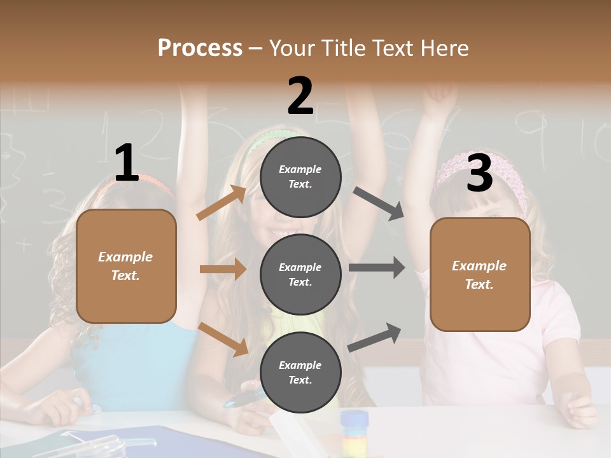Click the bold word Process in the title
[200, 48]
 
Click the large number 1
[126, 163]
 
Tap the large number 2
[300, 95]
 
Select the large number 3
[479, 173]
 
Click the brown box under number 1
[126, 266]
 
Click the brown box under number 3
[480, 275]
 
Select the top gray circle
[300, 177]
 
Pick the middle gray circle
[300, 274]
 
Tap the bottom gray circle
[300, 372]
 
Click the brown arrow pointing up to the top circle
[221, 203]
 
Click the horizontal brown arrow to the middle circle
[223, 269]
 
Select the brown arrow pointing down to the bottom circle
[223, 339]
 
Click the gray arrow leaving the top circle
[378, 204]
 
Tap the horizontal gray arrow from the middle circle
[376, 268]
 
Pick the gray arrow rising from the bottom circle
[375, 338]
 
